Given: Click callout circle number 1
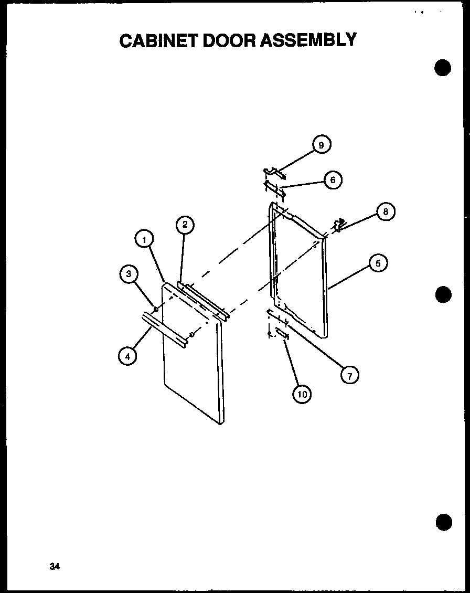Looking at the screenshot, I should pos(145,239).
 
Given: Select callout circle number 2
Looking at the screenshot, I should pos(184,225).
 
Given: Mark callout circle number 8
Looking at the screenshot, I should pos(386,211).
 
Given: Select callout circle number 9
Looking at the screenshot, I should pos(322,144).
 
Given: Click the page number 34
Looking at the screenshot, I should pos(55,566).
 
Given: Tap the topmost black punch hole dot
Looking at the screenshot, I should pos(443,68).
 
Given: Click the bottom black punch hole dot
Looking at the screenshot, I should pos(443,522).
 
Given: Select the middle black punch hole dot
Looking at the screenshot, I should pos(443,294).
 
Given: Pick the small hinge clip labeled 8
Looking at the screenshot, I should pos(338,225).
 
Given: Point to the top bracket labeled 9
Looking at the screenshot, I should pos(274,172).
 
